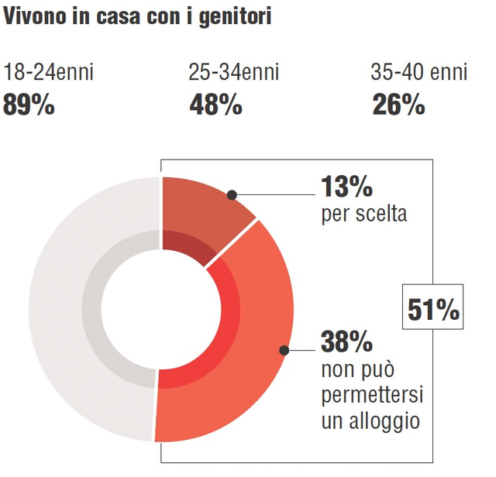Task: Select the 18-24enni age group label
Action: click(x=48, y=74)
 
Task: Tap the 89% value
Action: click(x=29, y=105)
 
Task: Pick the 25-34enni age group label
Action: click(x=233, y=74)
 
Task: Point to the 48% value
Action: click(x=215, y=105)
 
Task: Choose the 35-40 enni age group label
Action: click(x=419, y=74)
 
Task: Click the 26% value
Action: click(x=398, y=105)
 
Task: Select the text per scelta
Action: click(x=363, y=214)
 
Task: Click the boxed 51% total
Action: click(x=433, y=310)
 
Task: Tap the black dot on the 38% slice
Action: click(x=284, y=350)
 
